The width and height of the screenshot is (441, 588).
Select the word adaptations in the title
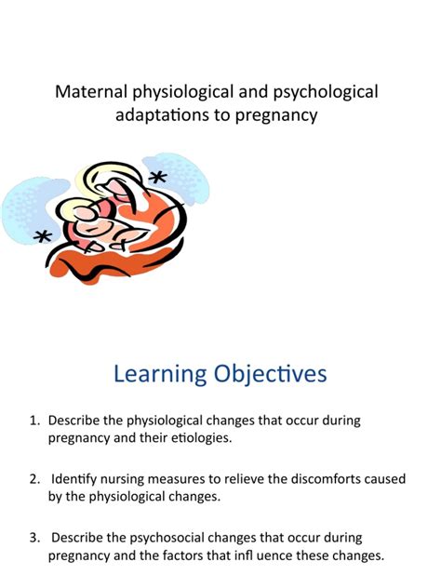[164, 116]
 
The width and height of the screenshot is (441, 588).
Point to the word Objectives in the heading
[270, 375]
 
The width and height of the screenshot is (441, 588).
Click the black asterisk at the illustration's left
[43, 237]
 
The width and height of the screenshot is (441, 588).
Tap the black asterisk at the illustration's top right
[158, 178]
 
